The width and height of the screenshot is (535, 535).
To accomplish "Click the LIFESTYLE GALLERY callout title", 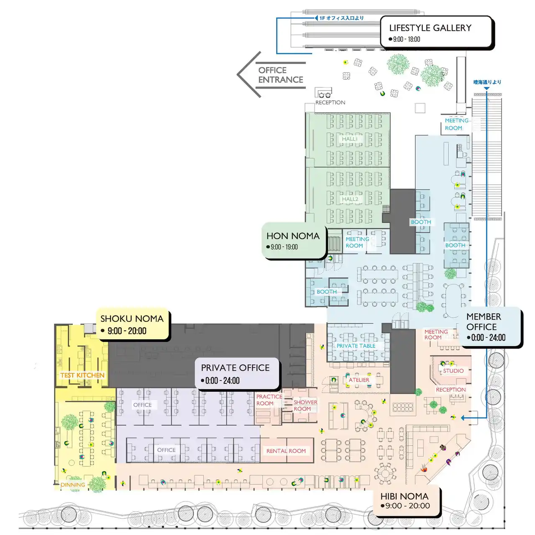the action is (x=430, y=28).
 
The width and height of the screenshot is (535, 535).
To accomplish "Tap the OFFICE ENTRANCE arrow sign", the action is (x=271, y=75).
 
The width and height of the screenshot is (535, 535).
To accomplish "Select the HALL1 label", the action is (x=349, y=139).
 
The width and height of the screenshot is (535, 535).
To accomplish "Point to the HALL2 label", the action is (x=350, y=199).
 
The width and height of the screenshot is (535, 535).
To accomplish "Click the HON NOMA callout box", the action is (x=294, y=240).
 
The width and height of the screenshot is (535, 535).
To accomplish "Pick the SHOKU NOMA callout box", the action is (x=133, y=324).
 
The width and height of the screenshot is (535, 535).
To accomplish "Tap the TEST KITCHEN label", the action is (x=82, y=375).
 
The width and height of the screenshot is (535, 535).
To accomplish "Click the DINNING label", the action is (x=73, y=485).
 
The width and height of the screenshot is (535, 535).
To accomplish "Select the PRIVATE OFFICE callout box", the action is (x=237, y=373).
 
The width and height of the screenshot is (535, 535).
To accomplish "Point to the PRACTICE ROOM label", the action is (x=269, y=400).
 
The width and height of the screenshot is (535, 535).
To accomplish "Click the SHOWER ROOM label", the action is (x=305, y=405).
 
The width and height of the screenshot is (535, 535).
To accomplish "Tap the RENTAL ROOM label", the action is (x=286, y=451).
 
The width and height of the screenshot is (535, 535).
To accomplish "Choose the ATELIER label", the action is (x=359, y=380).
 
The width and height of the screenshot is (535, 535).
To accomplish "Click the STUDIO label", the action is (x=453, y=371).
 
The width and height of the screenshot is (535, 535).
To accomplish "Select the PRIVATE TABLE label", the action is (x=356, y=346).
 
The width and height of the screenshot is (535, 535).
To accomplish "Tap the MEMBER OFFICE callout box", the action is (x=491, y=327).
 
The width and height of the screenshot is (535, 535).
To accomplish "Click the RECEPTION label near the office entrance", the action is (x=330, y=102).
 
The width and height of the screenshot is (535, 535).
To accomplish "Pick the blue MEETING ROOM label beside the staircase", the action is (x=456, y=124).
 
